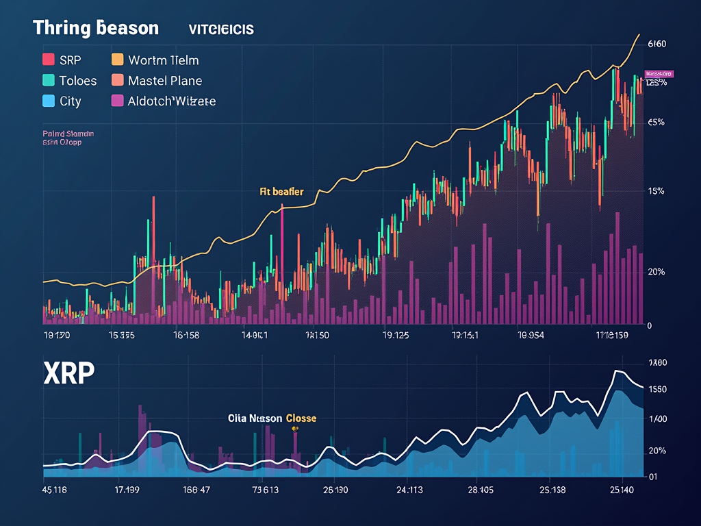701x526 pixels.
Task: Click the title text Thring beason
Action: [x=95, y=28]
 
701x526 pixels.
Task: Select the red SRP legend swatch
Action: [x=49, y=60]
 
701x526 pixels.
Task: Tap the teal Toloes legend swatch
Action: [x=49, y=80]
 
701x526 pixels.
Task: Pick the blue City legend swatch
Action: [x=49, y=101]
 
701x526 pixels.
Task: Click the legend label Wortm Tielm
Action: [x=163, y=60]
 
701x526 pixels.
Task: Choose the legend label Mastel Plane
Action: [x=165, y=81]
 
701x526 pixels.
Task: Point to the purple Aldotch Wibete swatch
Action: [x=117, y=101]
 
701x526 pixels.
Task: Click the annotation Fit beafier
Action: [x=281, y=192]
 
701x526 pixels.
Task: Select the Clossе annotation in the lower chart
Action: [x=301, y=418]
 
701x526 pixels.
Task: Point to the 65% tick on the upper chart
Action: [x=656, y=123]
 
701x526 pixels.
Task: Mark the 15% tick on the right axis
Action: [x=656, y=191]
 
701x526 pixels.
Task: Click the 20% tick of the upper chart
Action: [x=656, y=272]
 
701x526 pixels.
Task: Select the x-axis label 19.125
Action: [x=395, y=336]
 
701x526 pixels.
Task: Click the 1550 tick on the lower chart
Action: [x=657, y=390]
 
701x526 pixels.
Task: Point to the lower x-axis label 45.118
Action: [x=54, y=490]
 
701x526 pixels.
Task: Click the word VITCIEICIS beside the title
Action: [x=221, y=29]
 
